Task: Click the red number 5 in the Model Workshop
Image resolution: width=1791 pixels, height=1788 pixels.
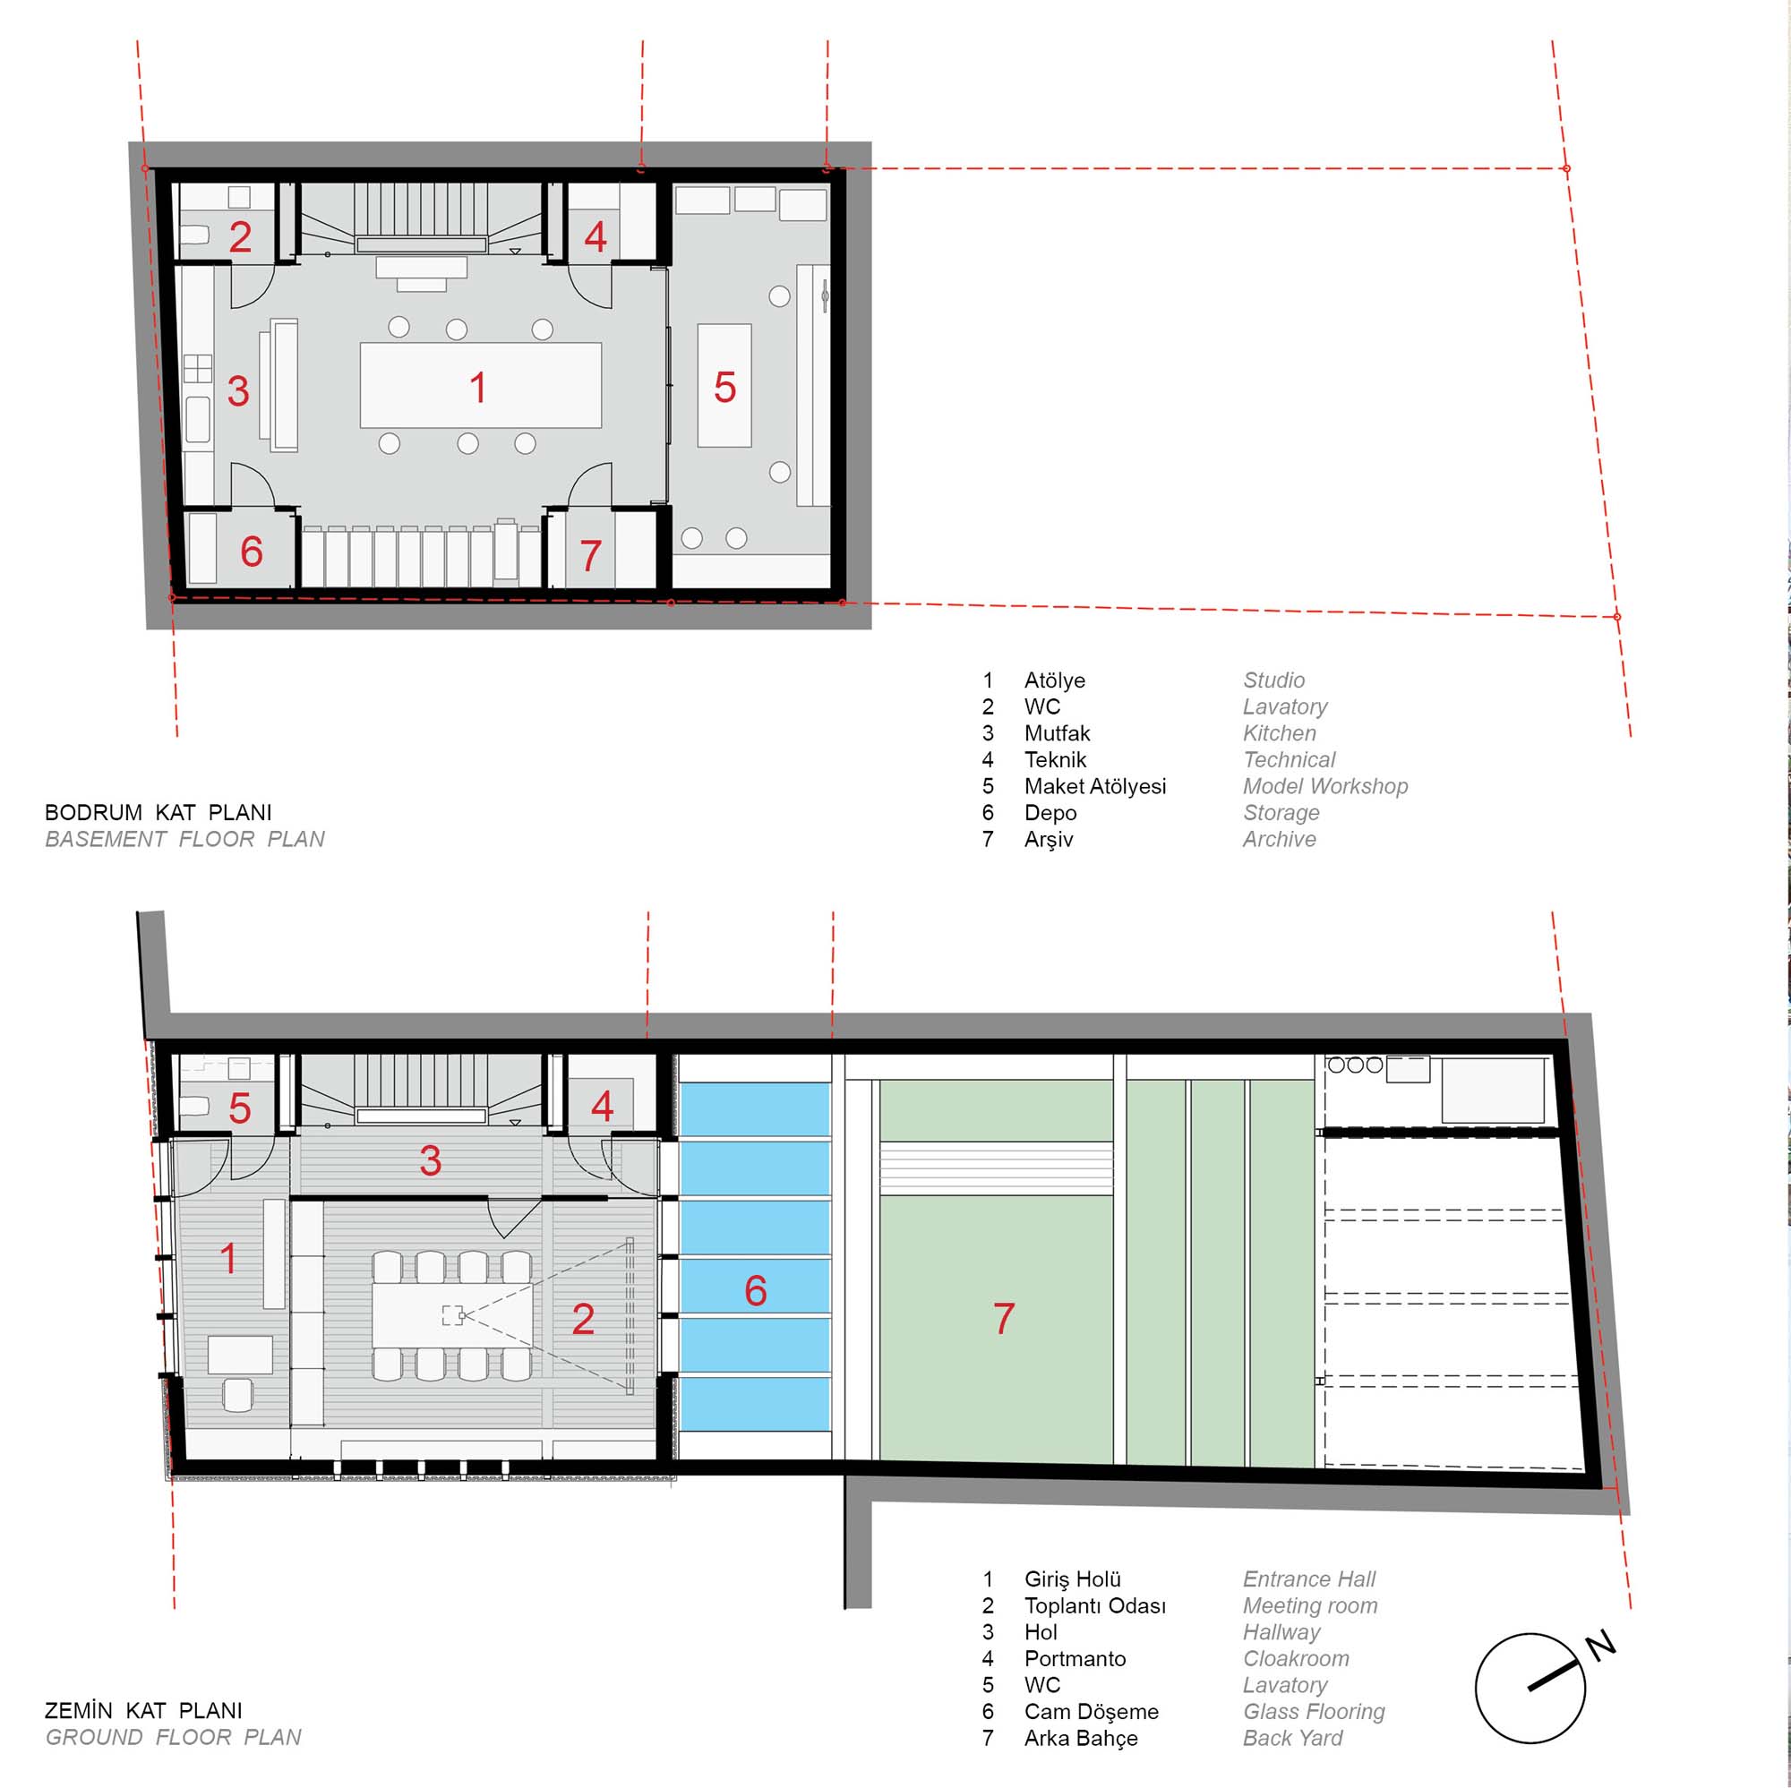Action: [725, 388]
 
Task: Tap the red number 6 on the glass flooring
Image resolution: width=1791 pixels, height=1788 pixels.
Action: [756, 1290]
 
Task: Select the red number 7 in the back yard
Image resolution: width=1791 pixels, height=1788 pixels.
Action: [1004, 1318]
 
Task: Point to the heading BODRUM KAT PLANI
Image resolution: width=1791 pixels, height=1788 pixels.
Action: [159, 812]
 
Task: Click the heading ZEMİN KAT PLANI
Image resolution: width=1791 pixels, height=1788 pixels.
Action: [143, 1710]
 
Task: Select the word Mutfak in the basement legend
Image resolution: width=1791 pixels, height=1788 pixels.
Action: [1057, 733]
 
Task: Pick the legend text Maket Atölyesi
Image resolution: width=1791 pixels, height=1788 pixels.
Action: [1095, 786]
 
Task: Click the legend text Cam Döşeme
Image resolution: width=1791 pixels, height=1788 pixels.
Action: [1091, 1712]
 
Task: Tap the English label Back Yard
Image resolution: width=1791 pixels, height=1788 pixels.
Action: [1292, 1738]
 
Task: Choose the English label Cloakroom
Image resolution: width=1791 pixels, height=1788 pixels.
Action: [1296, 1658]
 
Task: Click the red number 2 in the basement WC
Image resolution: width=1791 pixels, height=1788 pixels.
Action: [240, 236]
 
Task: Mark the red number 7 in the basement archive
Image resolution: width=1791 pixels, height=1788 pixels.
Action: [591, 556]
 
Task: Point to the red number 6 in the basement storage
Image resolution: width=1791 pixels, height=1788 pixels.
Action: [252, 552]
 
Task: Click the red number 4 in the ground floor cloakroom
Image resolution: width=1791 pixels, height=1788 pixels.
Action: [603, 1106]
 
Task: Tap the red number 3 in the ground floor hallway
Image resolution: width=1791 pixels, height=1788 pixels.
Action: [430, 1160]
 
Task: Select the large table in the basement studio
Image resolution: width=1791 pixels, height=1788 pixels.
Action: [480, 385]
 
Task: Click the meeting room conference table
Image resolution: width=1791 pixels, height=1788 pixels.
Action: [452, 1314]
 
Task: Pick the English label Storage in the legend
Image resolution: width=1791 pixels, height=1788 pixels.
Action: [1281, 813]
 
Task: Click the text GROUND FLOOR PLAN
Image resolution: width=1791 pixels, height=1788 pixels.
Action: [174, 1737]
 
